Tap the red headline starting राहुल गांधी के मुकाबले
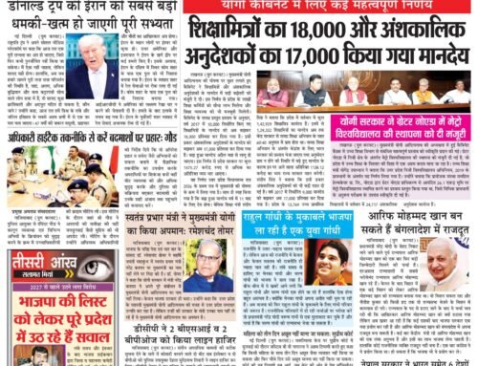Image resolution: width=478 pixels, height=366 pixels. click(x=311, y=233)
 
